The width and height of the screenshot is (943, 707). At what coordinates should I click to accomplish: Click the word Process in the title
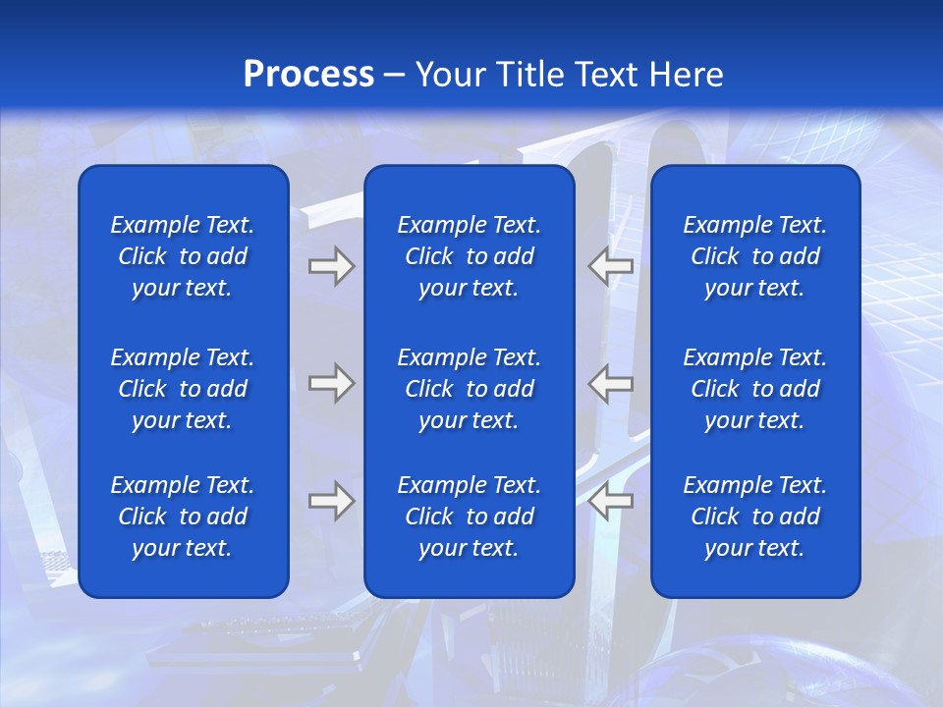point(308,75)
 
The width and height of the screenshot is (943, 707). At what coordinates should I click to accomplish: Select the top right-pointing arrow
point(331,267)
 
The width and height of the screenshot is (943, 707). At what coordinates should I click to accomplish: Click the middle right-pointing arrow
point(331,383)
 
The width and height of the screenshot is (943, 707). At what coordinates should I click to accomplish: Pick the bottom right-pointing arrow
point(331,501)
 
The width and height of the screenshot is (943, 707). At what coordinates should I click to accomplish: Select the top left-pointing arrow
point(610,267)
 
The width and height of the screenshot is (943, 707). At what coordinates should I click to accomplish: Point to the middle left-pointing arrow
point(610,383)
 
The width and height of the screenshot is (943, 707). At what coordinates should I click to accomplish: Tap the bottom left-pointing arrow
point(610,501)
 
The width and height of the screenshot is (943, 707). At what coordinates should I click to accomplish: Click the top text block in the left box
point(183,256)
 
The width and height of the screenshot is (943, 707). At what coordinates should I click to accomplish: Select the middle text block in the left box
point(183,389)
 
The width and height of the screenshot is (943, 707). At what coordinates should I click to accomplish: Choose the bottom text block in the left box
point(183,517)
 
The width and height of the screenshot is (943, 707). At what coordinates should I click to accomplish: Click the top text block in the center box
point(469,256)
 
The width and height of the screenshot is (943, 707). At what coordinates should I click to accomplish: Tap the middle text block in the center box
point(469,389)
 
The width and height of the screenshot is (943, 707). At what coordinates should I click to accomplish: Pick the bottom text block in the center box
point(469,517)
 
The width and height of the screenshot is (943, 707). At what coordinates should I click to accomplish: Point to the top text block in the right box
point(754,256)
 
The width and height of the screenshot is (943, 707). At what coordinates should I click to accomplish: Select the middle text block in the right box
point(754,389)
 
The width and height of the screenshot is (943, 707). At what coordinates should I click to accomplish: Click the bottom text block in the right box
point(754,517)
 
